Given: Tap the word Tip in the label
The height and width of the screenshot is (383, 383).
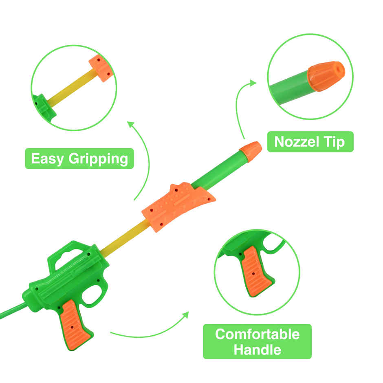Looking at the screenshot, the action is [335, 143].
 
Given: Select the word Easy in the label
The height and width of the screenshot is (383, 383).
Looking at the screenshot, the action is [47, 159].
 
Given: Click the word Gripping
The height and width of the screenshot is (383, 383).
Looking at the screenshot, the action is [98, 159].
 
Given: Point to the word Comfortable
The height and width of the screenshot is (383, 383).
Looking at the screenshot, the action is [258, 334].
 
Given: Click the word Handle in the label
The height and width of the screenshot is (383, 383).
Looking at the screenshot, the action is [258, 350].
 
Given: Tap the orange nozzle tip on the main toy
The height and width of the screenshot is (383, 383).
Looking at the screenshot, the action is [251, 151].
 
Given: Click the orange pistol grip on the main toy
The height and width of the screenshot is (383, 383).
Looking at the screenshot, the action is [75, 324].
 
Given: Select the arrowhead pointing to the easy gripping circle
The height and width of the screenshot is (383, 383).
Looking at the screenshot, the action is [131, 124].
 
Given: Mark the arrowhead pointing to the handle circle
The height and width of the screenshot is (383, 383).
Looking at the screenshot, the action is [186, 315].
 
